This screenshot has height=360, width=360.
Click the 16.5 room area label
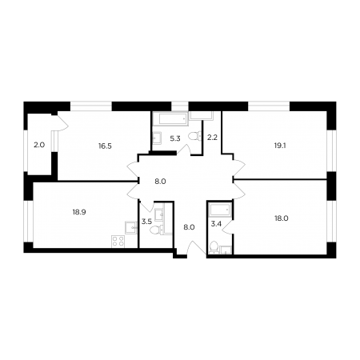[x=105, y=146]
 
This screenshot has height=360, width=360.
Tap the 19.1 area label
[x=280, y=146]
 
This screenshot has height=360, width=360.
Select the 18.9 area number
[x=79, y=212]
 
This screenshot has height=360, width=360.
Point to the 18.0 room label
[x=282, y=218]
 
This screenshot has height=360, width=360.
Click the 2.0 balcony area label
[x=39, y=145]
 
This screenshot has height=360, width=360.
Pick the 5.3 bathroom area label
[x=175, y=138]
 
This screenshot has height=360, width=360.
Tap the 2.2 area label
[x=213, y=138]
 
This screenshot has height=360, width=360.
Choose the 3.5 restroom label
[x=146, y=222]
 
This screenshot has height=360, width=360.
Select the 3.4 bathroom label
[x=216, y=224]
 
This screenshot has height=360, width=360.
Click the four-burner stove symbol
[x=118, y=242]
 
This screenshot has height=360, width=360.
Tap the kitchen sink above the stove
[x=131, y=228]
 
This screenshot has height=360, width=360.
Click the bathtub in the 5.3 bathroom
[x=170, y=118]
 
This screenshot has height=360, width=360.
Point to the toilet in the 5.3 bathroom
[x=194, y=136]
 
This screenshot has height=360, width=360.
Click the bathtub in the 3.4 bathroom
[x=220, y=210]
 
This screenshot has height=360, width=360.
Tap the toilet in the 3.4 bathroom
[x=214, y=246]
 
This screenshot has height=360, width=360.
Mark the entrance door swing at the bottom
[x=196, y=249]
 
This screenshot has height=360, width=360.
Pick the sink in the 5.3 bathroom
[x=157, y=138]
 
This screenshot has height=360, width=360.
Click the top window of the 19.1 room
[x=269, y=106]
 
